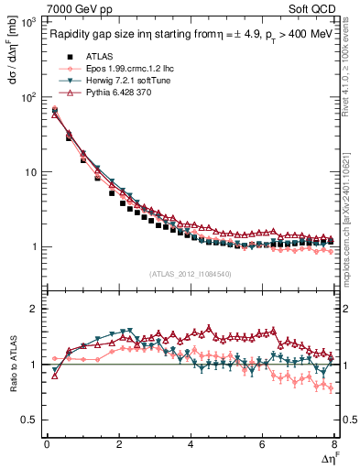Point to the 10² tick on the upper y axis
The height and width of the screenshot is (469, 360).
click(28, 97)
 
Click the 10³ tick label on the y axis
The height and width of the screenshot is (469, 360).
click(28, 22)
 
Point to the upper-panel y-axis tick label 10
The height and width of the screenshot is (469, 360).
click(30, 172)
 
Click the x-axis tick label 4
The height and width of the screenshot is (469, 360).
click(191, 444)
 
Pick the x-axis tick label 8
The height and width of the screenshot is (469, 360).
click(333, 444)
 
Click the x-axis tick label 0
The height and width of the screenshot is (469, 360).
click(47, 444)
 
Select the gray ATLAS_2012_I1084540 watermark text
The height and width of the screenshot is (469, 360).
click(190, 273)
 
